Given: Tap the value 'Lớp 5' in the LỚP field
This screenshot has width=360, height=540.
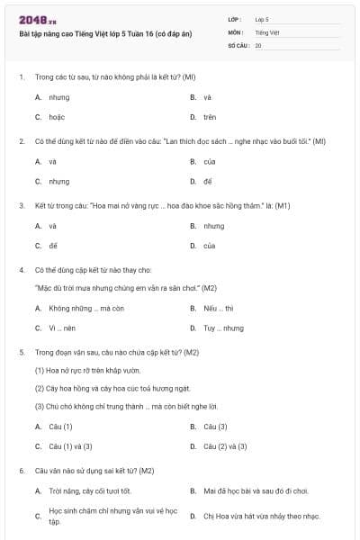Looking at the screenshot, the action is [262, 18].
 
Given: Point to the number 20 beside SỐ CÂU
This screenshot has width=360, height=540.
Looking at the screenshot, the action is [258, 44].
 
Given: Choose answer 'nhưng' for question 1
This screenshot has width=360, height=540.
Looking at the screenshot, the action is [59, 97].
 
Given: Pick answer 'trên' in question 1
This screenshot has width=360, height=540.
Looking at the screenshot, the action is [210, 117].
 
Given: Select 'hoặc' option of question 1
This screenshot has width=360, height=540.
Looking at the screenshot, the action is [57, 117].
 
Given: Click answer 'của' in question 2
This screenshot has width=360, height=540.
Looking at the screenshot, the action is [210, 162].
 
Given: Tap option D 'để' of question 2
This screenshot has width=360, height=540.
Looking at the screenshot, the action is [208, 181].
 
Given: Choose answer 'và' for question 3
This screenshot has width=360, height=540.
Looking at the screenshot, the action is [53, 226].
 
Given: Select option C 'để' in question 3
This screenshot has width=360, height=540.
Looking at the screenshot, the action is [53, 245].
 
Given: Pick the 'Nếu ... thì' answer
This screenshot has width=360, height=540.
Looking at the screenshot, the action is [218, 308].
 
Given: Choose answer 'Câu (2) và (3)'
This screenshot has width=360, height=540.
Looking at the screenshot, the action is [225, 445].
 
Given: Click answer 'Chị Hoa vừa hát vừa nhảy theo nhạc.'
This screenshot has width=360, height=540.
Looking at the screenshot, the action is [261, 516].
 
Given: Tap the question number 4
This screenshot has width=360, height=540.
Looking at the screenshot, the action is [22, 269].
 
